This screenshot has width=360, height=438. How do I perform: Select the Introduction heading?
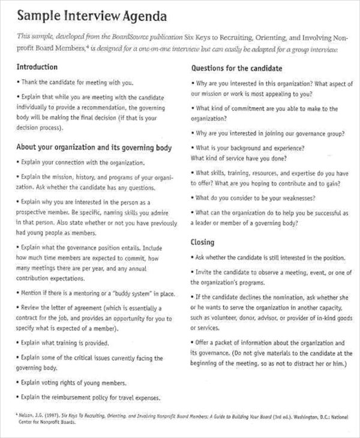coord(37,67)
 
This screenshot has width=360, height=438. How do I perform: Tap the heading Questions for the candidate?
coord(236,68)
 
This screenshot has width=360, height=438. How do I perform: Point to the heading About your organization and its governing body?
coord(94,147)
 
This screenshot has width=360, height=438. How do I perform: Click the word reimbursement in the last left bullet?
coord(77,397)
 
